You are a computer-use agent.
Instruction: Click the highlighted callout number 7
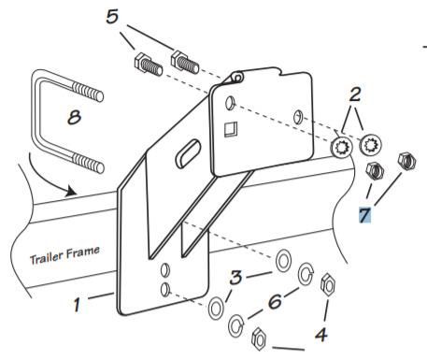coord(364,215)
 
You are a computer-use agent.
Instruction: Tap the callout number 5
coord(112,16)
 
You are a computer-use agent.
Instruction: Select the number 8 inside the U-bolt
coord(74,118)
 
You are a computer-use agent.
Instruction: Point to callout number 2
coord(355,94)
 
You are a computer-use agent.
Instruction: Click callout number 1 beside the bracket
coord(77,305)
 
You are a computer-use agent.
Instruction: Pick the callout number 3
coord(235,277)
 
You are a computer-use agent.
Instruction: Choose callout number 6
coord(275,302)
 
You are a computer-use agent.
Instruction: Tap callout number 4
coord(320,335)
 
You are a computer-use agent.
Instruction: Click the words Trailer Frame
coord(64,255)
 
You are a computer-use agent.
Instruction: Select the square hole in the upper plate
coord(231,129)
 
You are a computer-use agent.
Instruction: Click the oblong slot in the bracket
coord(188,153)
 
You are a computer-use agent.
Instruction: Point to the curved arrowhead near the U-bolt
coord(72,191)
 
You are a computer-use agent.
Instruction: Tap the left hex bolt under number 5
coord(149,65)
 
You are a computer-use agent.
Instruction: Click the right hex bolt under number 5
coord(185,63)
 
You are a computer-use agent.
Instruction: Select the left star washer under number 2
coord(342,147)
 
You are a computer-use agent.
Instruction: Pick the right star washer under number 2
coord(371,144)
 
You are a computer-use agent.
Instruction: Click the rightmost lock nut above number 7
coord(407,161)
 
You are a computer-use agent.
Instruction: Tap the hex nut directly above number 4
coord(328,284)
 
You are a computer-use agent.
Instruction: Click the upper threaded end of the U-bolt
coord(88,92)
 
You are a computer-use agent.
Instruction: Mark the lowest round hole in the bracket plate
coord(165,290)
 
